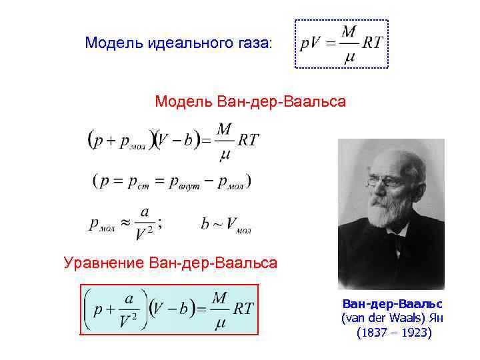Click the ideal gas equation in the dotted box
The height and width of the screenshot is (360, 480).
[x=341, y=44]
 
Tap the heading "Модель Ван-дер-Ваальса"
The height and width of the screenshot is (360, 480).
[x=250, y=102]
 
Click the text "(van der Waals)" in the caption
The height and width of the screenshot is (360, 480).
[x=383, y=318]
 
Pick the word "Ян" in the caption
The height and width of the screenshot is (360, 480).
[x=435, y=318]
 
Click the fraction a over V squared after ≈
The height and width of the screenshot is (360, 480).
[x=145, y=223]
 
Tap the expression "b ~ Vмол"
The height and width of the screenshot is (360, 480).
[x=225, y=225]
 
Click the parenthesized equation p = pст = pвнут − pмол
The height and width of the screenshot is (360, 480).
[x=172, y=181]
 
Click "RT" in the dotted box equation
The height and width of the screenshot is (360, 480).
[x=372, y=43]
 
